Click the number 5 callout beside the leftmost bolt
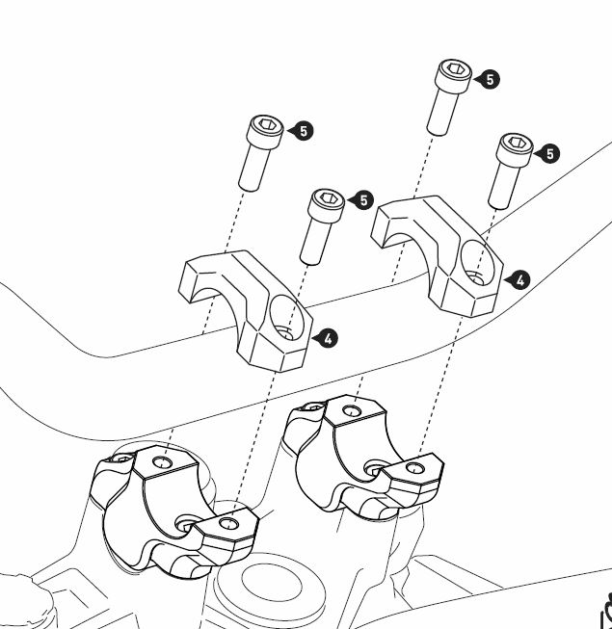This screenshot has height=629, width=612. coord(303,131)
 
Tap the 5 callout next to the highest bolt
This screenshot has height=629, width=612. coord(490,79)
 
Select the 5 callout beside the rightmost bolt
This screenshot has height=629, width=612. coord(549,154)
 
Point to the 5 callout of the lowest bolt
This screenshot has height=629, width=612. coord(363,199)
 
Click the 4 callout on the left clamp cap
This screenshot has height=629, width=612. coord(328,338)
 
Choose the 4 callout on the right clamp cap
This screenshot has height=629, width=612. coord(520,279)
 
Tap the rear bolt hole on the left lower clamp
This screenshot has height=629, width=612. coord(163,463)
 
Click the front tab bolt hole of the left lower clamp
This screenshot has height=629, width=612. coord(229,523)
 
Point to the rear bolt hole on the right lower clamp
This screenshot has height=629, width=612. coord(352,410)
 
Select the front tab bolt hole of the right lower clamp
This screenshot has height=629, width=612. coord(414,468)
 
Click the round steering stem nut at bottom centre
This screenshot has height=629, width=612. coord(272,583)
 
